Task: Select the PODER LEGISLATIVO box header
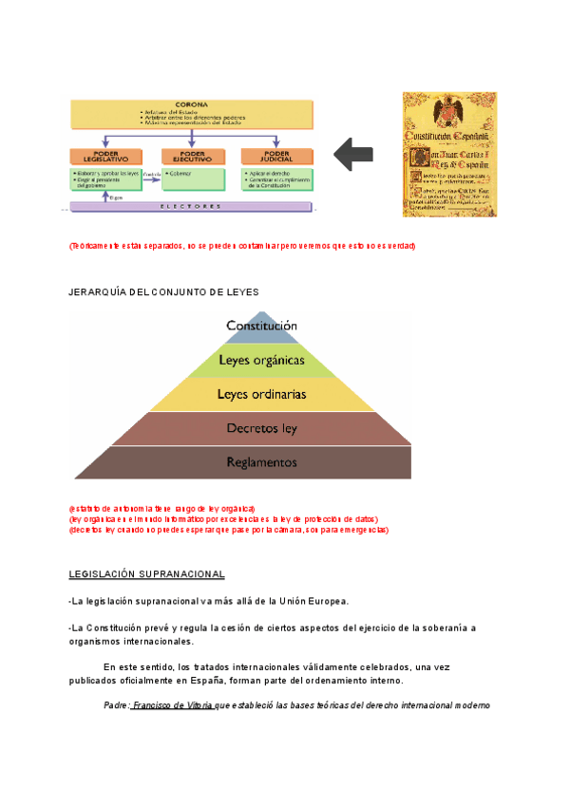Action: pyautogui.click(x=104, y=157)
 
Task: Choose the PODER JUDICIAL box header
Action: pyautogui.click(x=277, y=157)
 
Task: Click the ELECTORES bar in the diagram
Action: pyautogui.click(x=190, y=206)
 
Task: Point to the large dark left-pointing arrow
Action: pyautogui.click(x=355, y=155)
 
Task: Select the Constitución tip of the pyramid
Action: pyautogui.click(x=261, y=326)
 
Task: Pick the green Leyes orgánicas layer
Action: pyautogui.click(x=261, y=361)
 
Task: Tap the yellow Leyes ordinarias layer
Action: pyautogui.click(x=261, y=394)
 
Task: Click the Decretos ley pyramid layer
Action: pyautogui.click(x=261, y=428)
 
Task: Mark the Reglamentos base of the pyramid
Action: pyautogui.click(x=261, y=462)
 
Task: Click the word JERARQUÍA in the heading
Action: pyautogui.click(x=96, y=291)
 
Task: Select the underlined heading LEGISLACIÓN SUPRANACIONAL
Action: pyautogui.click(x=147, y=574)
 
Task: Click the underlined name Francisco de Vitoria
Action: pyautogui.click(x=173, y=706)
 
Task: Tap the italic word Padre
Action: pyautogui.click(x=116, y=706)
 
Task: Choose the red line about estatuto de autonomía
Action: pyautogui.click(x=161, y=509)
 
